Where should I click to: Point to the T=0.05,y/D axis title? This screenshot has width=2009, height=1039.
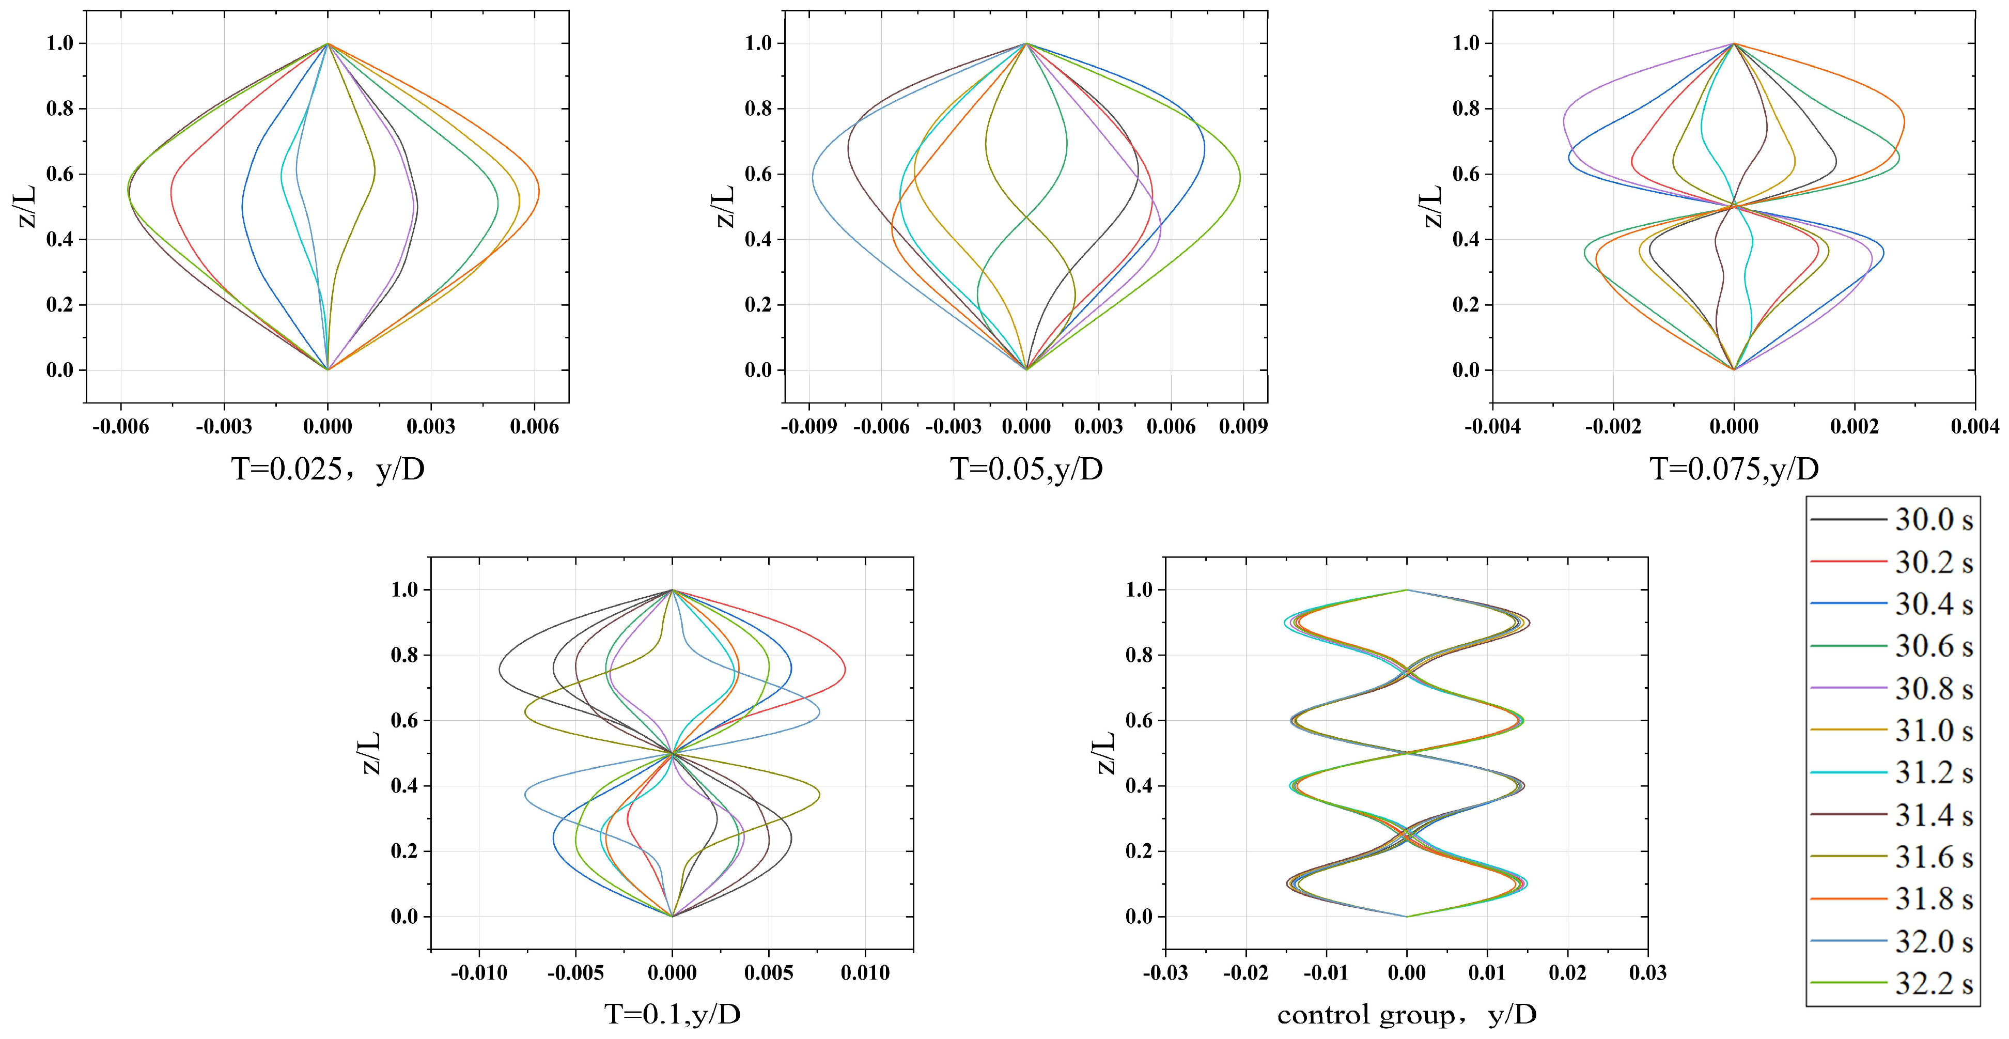pos(1026,470)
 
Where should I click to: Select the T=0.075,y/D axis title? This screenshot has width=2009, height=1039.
pos(1734,470)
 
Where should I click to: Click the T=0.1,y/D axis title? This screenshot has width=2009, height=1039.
pos(672,1014)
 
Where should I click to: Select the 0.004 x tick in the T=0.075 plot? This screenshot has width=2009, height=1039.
pos(1975,427)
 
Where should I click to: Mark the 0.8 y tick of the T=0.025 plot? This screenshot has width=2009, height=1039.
pos(60,108)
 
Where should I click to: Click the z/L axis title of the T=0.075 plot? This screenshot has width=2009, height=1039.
pos(1432,206)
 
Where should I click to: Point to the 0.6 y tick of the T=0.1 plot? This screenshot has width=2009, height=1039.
pos(405,720)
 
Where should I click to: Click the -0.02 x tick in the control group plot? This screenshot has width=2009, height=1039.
pos(1245,973)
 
